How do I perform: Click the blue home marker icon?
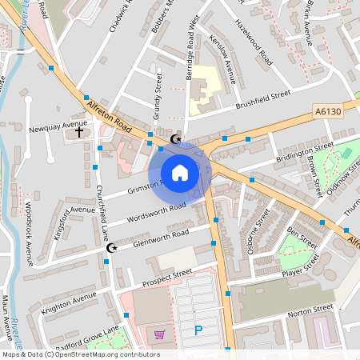(180, 173)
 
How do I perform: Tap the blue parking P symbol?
(198, 330)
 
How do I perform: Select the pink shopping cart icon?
(160, 334)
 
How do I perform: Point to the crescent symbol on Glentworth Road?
(112, 248)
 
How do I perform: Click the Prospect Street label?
(167, 277)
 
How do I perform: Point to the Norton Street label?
(310, 309)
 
